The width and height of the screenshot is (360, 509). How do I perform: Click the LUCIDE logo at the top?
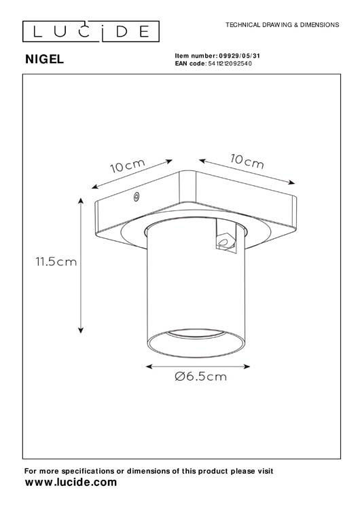point(86,31)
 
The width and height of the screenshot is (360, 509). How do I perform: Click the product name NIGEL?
point(44,59)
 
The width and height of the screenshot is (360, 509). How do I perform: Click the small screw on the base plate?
point(137,197)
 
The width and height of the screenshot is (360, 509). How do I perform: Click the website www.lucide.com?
point(71,483)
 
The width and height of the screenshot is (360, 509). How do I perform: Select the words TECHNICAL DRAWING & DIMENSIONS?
point(282,24)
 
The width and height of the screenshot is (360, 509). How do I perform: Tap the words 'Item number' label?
point(196,56)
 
